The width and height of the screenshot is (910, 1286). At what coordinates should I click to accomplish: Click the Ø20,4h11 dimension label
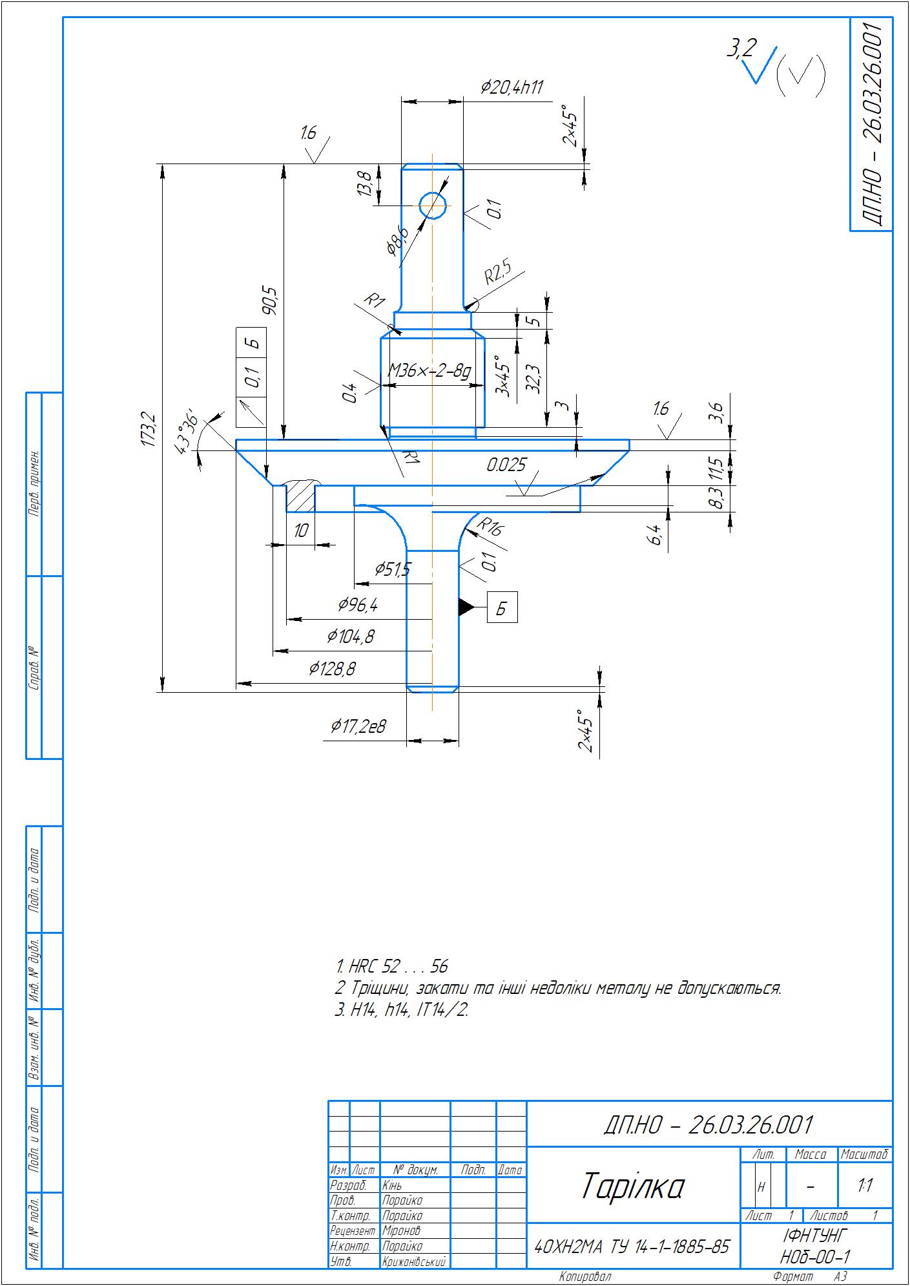512,88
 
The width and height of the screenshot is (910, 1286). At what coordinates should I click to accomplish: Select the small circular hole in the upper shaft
432,206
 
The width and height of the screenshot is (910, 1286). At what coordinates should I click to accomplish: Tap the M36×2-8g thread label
429,372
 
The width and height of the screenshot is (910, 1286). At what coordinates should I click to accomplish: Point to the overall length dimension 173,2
149,428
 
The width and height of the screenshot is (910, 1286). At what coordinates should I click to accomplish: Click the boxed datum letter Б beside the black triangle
502,607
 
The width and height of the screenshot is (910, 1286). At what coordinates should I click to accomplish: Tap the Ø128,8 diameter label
333,669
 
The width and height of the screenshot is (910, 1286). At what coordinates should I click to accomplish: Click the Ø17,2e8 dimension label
358,727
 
